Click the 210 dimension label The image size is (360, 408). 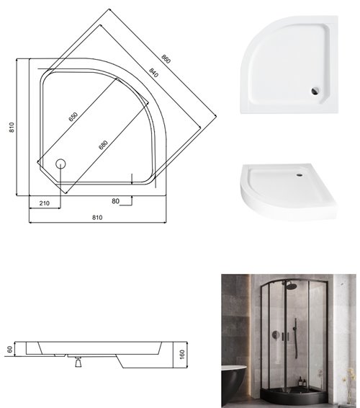[x=44, y=203]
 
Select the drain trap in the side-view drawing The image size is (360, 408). [x=75, y=363]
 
